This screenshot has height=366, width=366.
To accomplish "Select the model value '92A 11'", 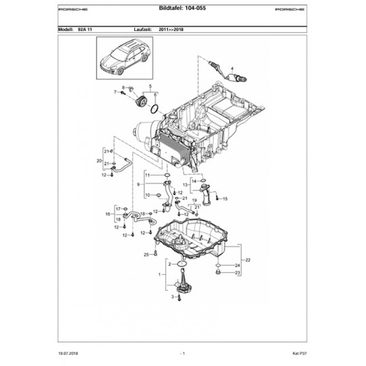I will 85,29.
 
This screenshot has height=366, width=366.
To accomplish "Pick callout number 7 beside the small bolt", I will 115,92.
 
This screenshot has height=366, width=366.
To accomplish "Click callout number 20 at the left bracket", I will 98,161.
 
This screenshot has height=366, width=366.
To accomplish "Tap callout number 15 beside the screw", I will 225,199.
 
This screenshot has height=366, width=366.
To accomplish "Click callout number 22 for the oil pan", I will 248,260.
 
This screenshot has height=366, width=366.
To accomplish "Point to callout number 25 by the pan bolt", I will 146,254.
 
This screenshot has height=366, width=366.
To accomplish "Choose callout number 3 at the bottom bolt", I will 173,297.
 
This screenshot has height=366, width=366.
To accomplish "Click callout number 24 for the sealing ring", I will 237,265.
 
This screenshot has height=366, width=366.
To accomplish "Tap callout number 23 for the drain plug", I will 237,273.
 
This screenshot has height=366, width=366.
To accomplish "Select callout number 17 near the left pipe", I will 118,209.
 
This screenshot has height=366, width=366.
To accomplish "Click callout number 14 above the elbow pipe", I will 194,181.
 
